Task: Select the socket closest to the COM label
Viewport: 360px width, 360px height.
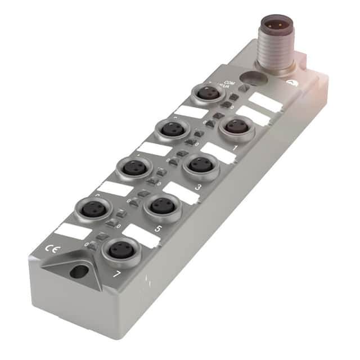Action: pyautogui.click(x=209, y=93)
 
